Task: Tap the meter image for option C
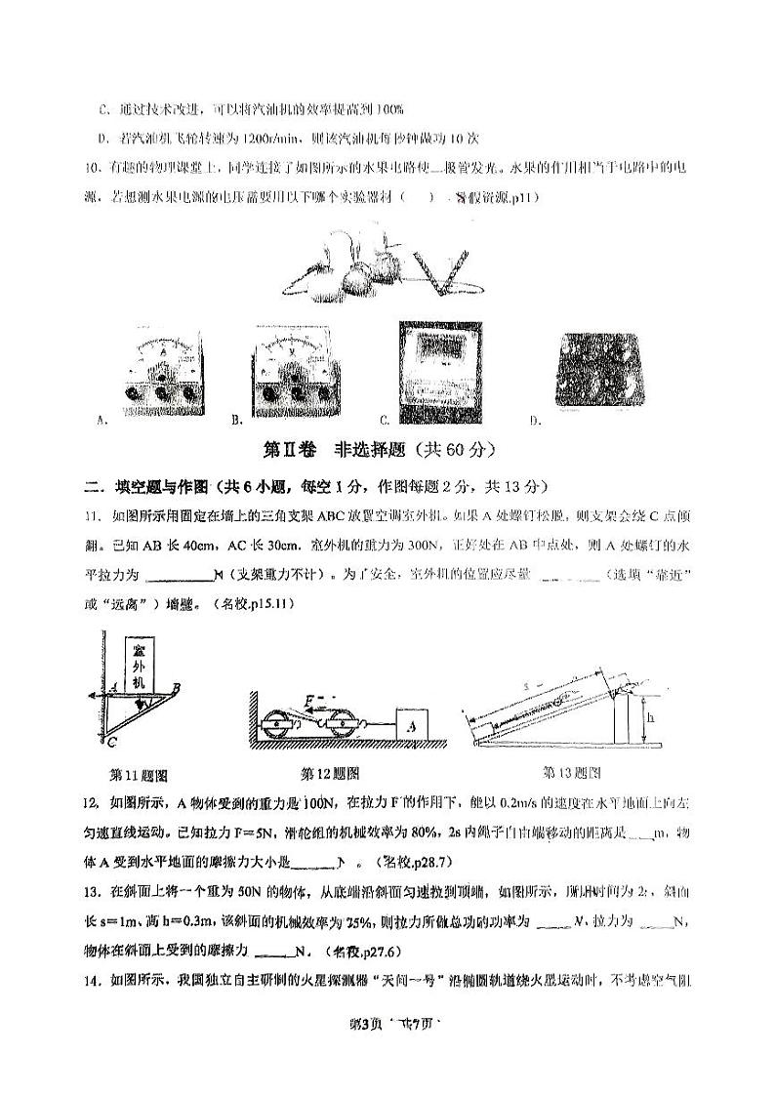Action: pyautogui.click(x=439, y=369)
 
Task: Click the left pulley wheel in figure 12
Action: pyautogui.click(x=279, y=727)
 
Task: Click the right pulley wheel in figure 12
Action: pyautogui.click(x=345, y=727)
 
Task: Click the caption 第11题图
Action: pyautogui.click(x=139, y=777)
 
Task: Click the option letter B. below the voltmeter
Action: pyautogui.click(x=236, y=421)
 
